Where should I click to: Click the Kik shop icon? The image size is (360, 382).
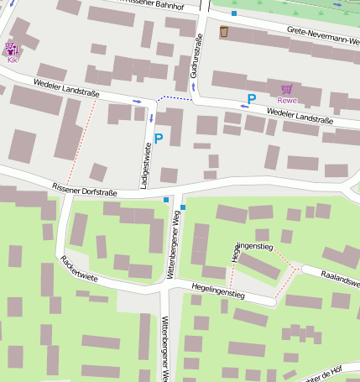click(x=11, y=49)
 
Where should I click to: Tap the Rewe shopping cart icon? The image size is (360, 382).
click(x=287, y=88)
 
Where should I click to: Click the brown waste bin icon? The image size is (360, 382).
click(x=224, y=32)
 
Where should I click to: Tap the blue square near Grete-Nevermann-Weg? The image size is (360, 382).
click(x=234, y=13)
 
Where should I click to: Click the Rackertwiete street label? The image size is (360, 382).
click(x=80, y=266)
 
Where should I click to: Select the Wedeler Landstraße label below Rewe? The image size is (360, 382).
click(x=300, y=116)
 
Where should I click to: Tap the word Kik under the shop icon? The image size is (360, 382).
click(x=12, y=60)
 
